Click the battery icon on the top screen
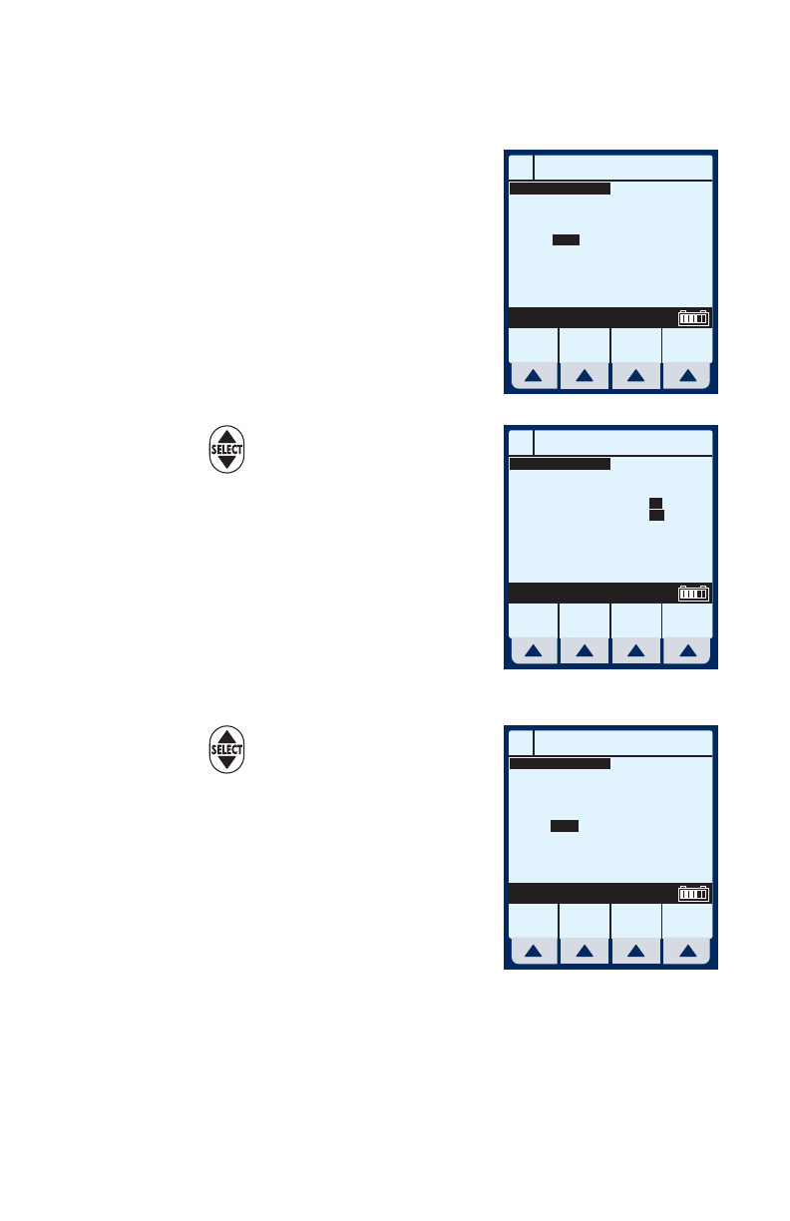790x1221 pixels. point(693,318)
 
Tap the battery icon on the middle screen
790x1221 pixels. point(693,593)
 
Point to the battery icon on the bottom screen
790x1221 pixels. point(693,893)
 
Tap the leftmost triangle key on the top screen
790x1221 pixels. point(534,376)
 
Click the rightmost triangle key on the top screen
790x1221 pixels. point(687,376)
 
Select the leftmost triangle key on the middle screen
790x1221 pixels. point(534,650)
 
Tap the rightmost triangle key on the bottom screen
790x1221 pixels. point(687,951)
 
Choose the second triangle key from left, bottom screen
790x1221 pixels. point(585,951)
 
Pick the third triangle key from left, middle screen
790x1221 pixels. point(636,650)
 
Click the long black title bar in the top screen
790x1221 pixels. point(560,188)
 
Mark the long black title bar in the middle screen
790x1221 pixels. point(560,463)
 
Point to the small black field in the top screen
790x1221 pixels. point(566,239)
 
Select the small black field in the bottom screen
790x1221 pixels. point(566,826)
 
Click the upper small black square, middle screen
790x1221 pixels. point(656,502)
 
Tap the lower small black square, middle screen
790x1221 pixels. point(656,515)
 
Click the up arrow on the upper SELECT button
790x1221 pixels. point(226,437)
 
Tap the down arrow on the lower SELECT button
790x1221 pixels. point(226,762)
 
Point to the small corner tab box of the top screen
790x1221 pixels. point(521,166)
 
